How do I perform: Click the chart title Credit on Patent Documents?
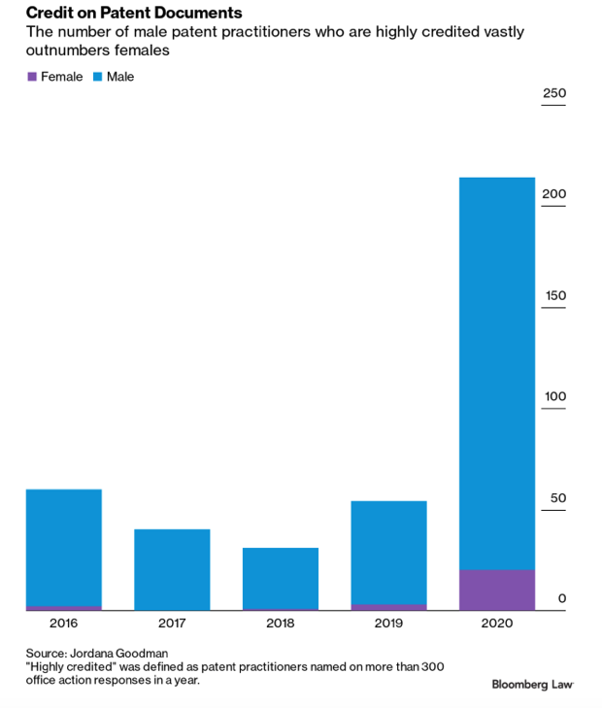point(134,13)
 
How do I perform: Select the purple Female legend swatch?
point(31,77)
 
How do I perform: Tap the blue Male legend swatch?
point(98,77)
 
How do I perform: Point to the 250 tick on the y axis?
point(553,93)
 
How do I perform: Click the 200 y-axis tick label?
point(553,194)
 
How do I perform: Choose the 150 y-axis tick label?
point(553,295)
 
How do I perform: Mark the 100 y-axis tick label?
point(553,396)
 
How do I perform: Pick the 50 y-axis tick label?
point(557,498)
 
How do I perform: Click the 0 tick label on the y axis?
point(561,598)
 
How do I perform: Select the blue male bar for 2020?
point(496,374)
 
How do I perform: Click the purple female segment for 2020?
point(496,590)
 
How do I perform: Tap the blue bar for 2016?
point(63,547)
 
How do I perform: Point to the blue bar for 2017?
point(172,569)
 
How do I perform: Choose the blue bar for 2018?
point(281,578)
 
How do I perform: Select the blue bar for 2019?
point(388,552)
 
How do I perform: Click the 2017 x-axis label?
point(172,623)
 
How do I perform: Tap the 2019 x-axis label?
point(388,623)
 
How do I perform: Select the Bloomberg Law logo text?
point(532,685)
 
